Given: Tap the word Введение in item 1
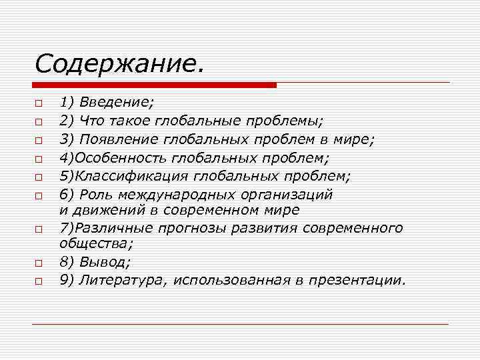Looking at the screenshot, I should [x=116, y=103].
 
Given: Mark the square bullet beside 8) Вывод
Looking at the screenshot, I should [x=39, y=264].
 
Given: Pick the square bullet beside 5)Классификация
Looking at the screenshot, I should [x=39, y=177].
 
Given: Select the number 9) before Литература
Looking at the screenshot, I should [x=67, y=280].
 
